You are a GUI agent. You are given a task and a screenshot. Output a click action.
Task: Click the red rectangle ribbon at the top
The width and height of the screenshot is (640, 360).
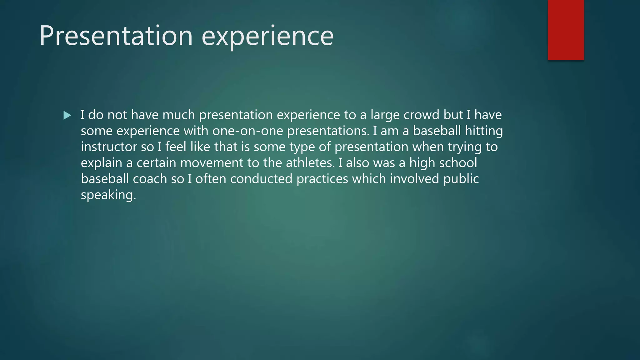pyautogui.click(x=566, y=30)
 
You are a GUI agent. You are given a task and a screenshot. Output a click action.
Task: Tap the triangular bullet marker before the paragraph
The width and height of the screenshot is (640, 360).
pyautogui.click(x=67, y=116)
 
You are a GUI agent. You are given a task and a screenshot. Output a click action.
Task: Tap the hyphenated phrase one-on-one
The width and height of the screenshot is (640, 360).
pyautogui.click(x=248, y=131)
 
